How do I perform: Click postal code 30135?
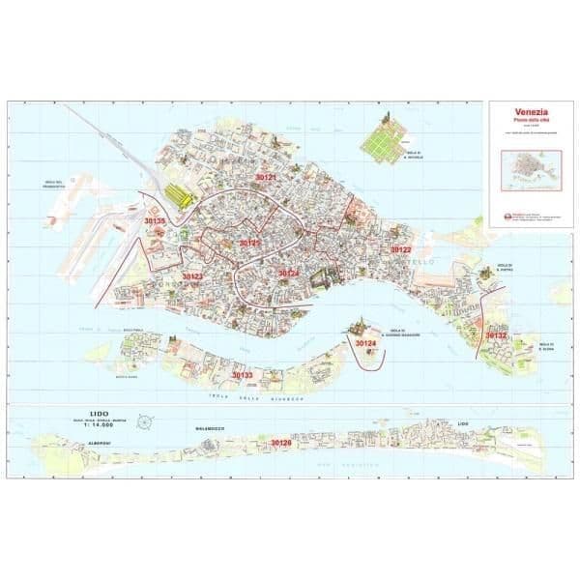click(155, 221)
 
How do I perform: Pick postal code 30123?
click(191, 276)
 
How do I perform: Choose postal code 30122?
click(401, 249)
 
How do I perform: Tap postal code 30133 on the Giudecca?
click(242, 374)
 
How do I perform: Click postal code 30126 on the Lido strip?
click(280, 443)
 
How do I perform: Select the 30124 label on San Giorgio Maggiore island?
click(365, 344)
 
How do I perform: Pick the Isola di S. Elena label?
click(547, 347)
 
